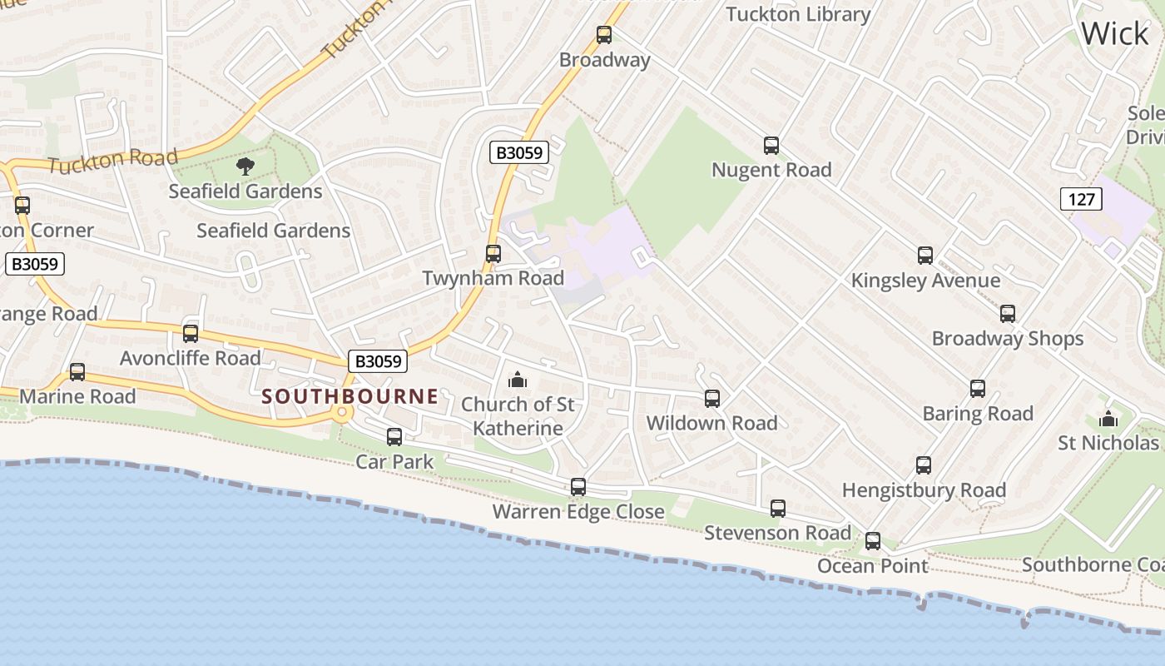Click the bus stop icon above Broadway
click(604, 35)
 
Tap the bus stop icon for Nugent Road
click(771, 146)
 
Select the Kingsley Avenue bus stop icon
click(925, 256)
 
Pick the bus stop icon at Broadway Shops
click(1008, 314)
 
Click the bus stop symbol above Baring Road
click(978, 389)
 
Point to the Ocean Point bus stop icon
click(873, 541)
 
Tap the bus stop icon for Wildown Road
click(712, 399)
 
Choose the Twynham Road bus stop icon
click(493, 254)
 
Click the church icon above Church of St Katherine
click(518, 380)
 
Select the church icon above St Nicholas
click(1108, 419)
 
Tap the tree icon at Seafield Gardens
click(245, 166)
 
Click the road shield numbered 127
click(1081, 199)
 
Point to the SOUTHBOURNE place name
click(349, 396)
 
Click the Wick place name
click(1115, 34)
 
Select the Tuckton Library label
click(798, 14)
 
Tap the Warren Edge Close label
click(578, 511)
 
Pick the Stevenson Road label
click(777, 533)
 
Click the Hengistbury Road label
click(924, 490)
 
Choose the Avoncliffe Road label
click(191, 358)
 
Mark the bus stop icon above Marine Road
click(77, 372)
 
